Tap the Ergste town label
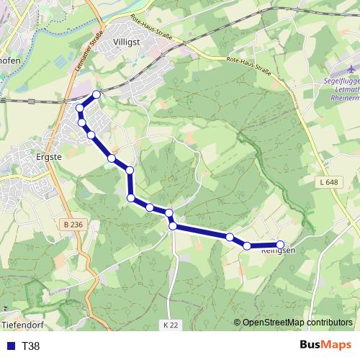(50, 154)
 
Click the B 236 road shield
(73, 225)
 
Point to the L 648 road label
(327, 182)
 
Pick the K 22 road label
(170, 325)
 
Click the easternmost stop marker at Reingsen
(280, 244)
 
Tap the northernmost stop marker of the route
(96, 94)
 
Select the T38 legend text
(31, 346)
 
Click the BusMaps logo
(326, 346)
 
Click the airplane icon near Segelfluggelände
(351, 68)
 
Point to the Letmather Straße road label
(90, 50)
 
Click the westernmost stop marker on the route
(80, 108)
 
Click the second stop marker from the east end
(247, 246)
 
